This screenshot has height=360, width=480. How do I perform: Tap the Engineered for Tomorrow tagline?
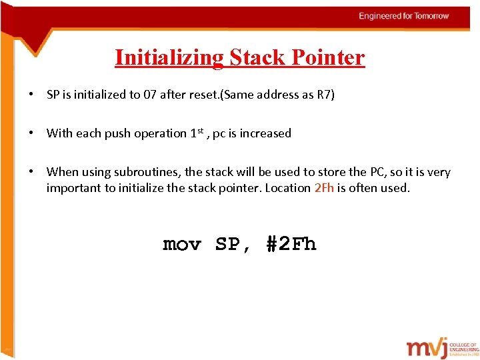404,15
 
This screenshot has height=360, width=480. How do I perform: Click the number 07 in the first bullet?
152,95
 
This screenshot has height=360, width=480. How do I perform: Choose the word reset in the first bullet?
206,95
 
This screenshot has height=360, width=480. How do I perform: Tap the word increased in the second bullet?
265,133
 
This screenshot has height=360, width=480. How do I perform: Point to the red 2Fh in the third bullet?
323,187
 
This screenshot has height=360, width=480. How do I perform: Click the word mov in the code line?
181,245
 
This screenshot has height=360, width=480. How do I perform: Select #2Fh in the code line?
291,245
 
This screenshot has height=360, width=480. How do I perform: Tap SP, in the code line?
233,245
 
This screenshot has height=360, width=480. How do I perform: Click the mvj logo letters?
431,348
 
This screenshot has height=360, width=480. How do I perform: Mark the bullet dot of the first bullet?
32,95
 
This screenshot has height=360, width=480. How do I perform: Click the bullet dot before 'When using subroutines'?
32,172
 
